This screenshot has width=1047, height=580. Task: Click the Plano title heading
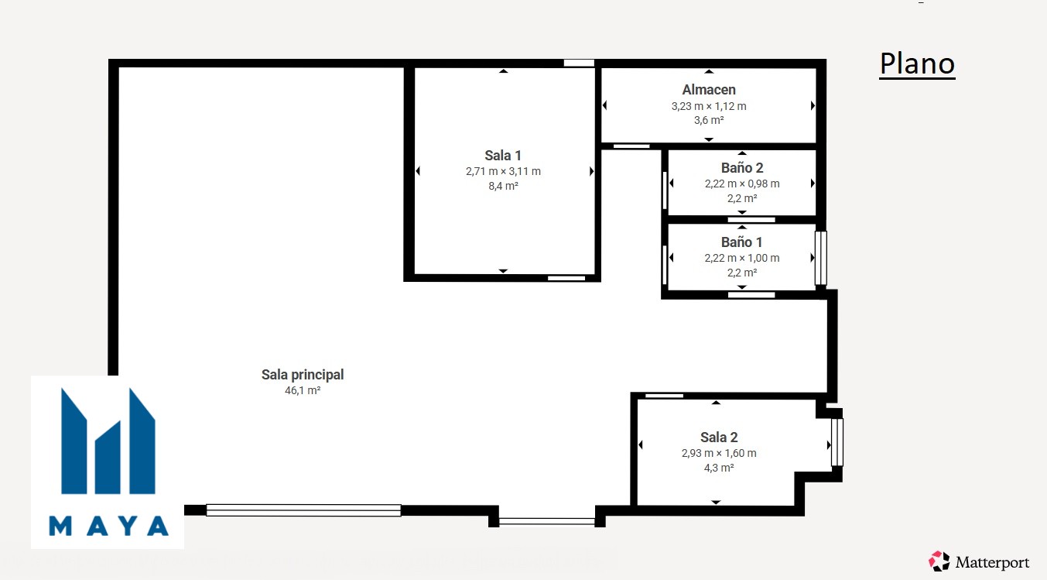click(917, 63)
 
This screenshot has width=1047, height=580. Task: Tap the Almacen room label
click(709, 89)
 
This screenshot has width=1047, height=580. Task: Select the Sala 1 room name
click(503, 156)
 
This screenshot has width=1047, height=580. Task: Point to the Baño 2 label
click(742, 167)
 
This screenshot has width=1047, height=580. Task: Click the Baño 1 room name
click(742, 242)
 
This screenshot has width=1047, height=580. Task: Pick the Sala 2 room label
click(719, 438)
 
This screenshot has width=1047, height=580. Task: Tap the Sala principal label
click(303, 375)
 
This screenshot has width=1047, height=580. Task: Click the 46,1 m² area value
click(303, 390)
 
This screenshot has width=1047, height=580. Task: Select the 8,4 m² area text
click(503, 186)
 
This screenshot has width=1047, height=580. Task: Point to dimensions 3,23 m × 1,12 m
click(709, 106)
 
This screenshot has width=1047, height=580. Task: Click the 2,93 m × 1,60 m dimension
click(719, 453)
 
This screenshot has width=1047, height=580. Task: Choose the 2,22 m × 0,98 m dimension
click(742, 184)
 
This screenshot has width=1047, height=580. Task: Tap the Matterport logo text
click(992, 562)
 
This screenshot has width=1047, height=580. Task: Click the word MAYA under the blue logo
click(108, 526)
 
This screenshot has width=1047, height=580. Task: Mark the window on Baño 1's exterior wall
click(821, 258)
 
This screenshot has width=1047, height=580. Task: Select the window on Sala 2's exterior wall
click(837, 442)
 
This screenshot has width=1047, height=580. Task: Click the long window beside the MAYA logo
click(303, 510)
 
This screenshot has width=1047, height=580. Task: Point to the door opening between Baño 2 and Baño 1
click(751, 220)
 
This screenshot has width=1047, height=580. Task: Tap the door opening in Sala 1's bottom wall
click(566, 278)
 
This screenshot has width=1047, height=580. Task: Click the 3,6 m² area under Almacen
click(709, 120)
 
